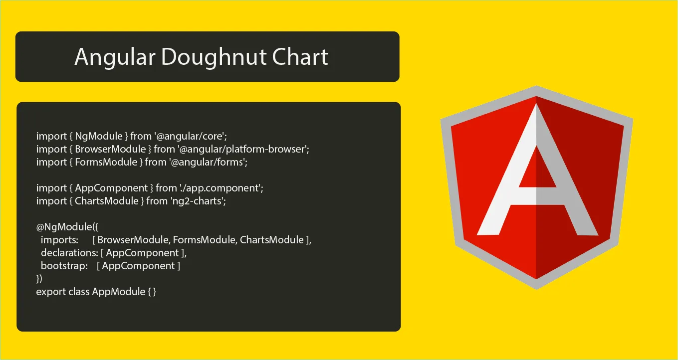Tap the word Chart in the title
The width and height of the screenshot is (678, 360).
coord(300,56)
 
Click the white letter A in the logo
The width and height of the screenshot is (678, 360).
coord(537,170)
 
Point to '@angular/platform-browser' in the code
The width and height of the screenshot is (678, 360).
coord(243,150)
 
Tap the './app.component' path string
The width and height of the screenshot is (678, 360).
coord(221,188)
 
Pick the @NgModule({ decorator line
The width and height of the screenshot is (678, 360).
coord(67,227)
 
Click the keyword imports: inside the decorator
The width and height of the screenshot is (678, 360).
coord(60,240)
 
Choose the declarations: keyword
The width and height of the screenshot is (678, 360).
coord(70,253)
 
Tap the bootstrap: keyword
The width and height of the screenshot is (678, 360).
coord(64,266)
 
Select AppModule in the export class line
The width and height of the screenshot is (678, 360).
coord(119,292)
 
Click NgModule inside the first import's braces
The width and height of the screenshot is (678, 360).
coord(99,137)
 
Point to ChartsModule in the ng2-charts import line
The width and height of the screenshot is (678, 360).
coord(107,201)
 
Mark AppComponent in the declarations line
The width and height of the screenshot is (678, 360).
coord(142,253)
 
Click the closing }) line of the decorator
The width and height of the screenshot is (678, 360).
coord(39,279)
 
